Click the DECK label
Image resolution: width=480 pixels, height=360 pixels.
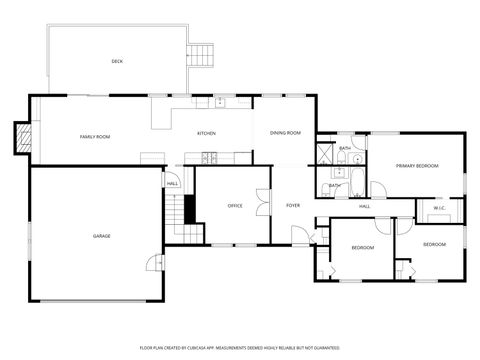pos(117,61)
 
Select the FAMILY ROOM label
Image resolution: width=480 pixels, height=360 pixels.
pos(95,136)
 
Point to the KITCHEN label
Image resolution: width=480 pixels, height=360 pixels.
pos(206,133)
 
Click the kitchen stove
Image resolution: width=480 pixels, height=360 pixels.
pos(209,157)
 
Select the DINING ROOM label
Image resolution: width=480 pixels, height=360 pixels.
pos(286,133)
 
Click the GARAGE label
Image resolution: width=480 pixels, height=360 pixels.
pos(101,236)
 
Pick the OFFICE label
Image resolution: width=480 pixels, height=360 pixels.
pos(235,206)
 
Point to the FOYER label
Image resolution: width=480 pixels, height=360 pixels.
pos(293,206)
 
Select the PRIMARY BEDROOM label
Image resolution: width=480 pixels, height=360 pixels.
pos(417,165)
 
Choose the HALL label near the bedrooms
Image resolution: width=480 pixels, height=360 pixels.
pos(365,206)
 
